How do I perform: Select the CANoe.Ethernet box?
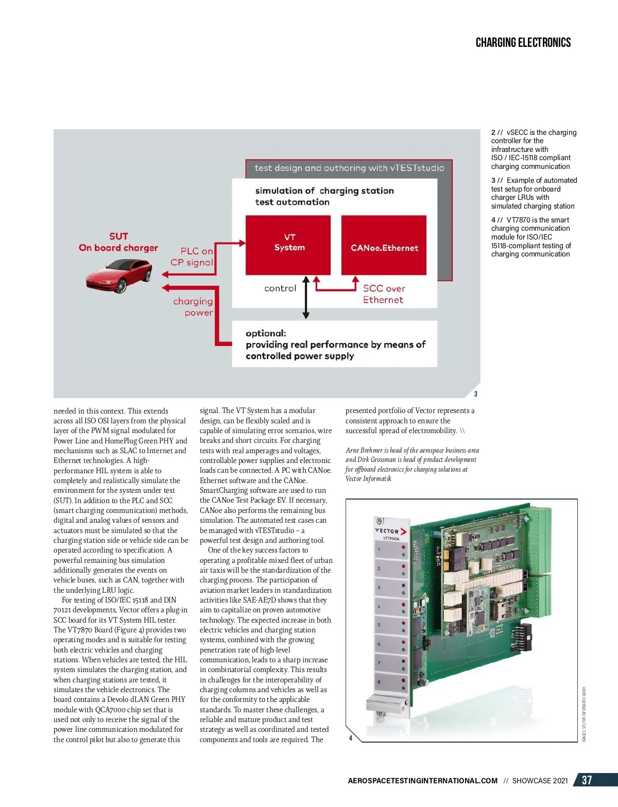pyautogui.click(x=384, y=245)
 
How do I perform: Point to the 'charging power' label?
pyautogui.click(x=193, y=306)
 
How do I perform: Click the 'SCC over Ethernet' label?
pyautogui.click(x=384, y=294)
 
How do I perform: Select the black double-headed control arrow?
pyautogui.click(x=306, y=297)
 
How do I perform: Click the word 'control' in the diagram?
pyautogui.click(x=280, y=288)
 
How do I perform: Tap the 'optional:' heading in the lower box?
pyautogui.click(x=266, y=333)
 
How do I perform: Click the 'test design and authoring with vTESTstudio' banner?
pyautogui.click(x=349, y=168)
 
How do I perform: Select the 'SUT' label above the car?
pyautogui.click(x=118, y=236)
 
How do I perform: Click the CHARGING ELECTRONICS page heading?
pyautogui.click(x=523, y=43)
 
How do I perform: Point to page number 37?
pyautogui.click(x=587, y=780)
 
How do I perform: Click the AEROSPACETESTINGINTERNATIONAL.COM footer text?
pyautogui.click(x=422, y=781)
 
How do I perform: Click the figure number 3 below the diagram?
pyautogui.click(x=476, y=394)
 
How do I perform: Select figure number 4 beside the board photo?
pyautogui.click(x=351, y=738)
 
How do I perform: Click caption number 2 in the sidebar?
pyautogui.click(x=493, y=132)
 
